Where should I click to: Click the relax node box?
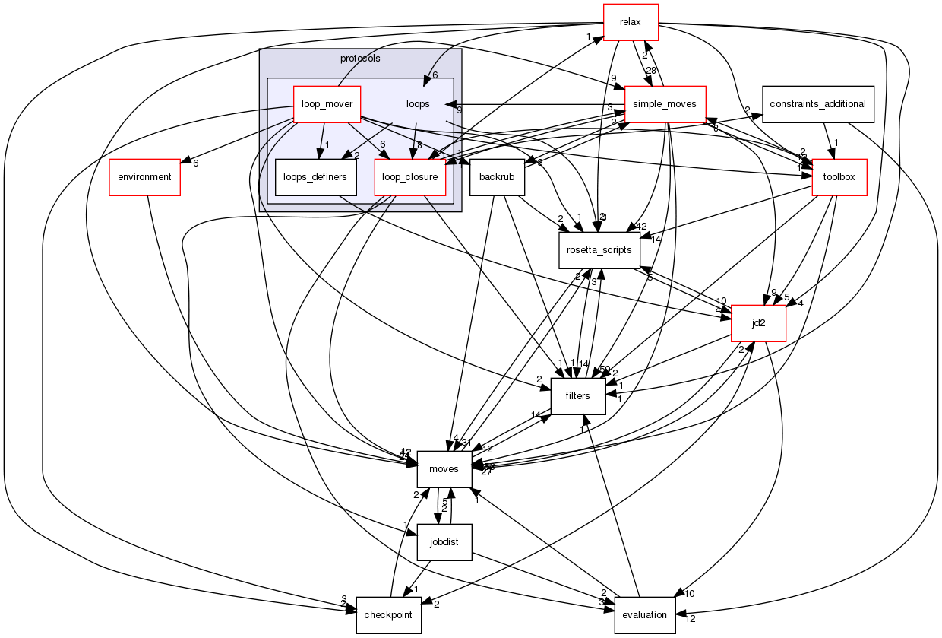point(630,22)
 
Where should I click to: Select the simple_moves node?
point(665,104)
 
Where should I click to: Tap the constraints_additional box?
point(817,103)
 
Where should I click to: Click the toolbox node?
point(839,177)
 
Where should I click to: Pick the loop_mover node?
point(327,104)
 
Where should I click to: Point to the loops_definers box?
point(315,177)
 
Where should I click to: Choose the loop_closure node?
point(410,177)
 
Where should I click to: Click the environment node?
point(144,177)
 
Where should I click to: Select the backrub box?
point(498,177)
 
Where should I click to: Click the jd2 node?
point(757,322)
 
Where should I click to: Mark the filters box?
point(577,395)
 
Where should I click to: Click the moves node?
point(444,468)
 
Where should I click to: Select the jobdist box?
point(444,541)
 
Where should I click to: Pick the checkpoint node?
point(389,614)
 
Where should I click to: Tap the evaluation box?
point(644,614)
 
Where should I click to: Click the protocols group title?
point(360,58)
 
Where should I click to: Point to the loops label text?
point(418,104)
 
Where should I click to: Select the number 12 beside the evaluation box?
point(691,618)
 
